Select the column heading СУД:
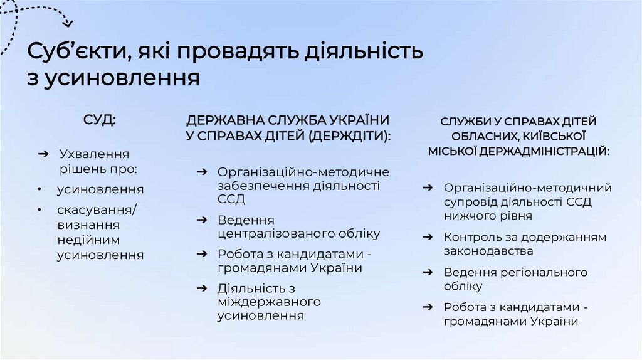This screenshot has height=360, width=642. tap(100, 120)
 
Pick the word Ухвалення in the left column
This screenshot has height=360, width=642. tap(94, 154)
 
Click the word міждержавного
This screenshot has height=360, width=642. tap(269, 302)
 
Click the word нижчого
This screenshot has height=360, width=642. tap(470, 216)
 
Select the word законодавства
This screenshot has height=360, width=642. tap(488, 251)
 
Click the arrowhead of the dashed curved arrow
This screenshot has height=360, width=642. tap(68, 24)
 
